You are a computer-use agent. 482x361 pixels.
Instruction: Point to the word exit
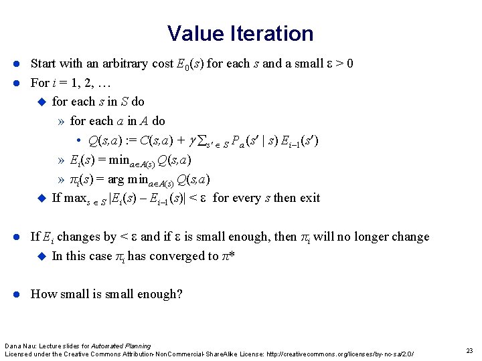tap(310, 198)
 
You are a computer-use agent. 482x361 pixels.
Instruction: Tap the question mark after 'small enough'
tap(179, 294)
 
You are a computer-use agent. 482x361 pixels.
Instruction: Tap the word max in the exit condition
tap(75, 198)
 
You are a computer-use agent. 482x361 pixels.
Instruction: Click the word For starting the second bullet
tap(39, 84)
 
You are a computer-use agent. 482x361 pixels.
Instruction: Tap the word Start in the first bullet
tap(43, 64)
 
